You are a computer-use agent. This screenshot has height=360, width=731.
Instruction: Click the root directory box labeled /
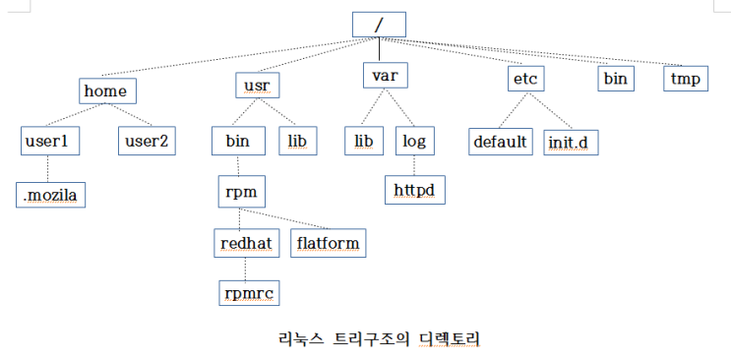[379, 25]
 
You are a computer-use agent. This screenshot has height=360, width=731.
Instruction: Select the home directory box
[106, 90]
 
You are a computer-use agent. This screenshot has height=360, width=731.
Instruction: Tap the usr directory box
[257, 85]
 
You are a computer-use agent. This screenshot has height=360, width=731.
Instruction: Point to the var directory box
[384, 76]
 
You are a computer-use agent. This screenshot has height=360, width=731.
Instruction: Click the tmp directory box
[685, 78]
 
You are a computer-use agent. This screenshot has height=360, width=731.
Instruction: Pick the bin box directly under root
[616, 78]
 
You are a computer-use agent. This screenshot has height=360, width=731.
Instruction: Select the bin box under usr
[237, 141]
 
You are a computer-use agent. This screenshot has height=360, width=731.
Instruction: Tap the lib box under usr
[296, 141]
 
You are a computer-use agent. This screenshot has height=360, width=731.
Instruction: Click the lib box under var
[363, 141]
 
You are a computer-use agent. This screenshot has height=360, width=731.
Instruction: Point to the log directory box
[412, 141]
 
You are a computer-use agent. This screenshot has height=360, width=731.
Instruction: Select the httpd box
[414, 188]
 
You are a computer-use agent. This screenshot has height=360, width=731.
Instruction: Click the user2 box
[146, 141]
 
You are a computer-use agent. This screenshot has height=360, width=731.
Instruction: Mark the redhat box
[246, 241]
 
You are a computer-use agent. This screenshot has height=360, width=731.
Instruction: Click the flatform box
[329, 241]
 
